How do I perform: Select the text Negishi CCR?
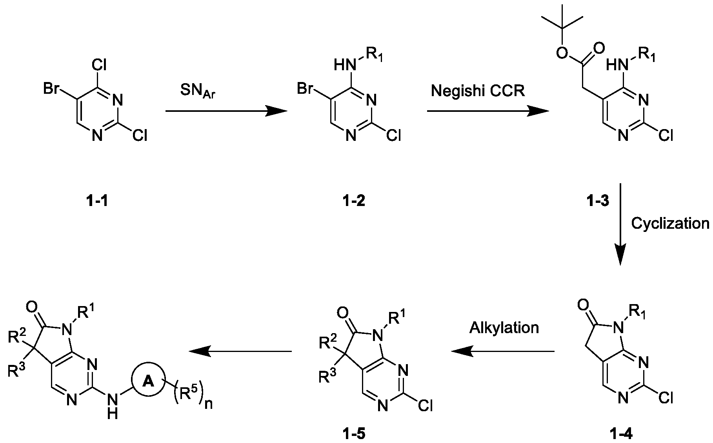point(478,91)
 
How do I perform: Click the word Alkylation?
point(504,327)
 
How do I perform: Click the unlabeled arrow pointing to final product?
point(240,351)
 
